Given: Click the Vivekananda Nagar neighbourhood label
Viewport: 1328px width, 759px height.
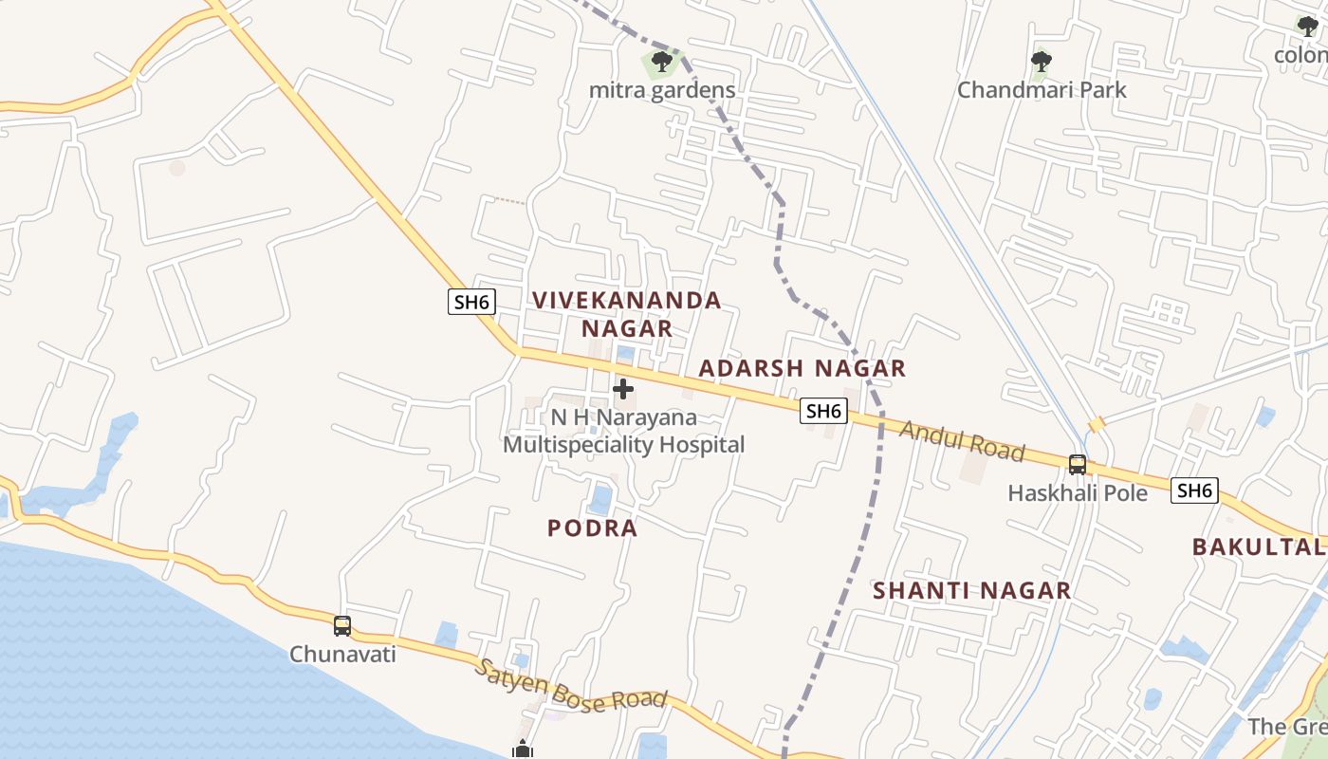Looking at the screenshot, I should tap(626, 314).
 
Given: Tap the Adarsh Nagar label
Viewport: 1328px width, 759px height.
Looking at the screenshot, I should tap(802, 368).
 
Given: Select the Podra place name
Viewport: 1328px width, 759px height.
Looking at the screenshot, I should tap(593, 528).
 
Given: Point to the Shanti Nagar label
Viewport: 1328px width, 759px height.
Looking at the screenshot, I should tap(971, 590).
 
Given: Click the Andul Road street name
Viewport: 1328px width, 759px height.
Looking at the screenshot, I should tap(962, 440).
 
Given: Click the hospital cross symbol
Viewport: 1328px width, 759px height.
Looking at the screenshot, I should tap(623, 389).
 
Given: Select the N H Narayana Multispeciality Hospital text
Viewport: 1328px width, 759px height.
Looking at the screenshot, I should tap(624, 431).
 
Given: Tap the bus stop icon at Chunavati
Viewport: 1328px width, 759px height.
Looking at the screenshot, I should tap(342, 626).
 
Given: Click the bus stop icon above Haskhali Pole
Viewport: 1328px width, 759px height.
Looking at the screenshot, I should tap(1078, 465).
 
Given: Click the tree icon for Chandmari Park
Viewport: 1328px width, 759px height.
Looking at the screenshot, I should tap(1042, 64).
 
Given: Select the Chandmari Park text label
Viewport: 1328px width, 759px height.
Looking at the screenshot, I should tap(1042, 90).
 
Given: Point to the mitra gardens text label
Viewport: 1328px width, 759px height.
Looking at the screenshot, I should tap(662, 91).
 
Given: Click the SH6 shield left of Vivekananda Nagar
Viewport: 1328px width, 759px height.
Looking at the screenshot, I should tap(471, 303).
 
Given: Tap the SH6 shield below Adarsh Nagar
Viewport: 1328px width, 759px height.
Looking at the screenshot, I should tap(822, 411).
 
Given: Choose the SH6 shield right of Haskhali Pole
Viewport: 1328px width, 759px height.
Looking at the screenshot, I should tap(1194, 491).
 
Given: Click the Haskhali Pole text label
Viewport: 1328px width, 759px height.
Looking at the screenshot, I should tap(1078, 493).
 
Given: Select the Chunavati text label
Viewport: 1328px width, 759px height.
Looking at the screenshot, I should tap(342, 654).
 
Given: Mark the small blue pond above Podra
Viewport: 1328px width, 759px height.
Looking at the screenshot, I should tap(600, 498).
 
